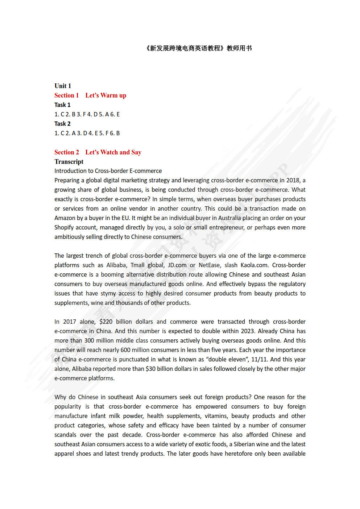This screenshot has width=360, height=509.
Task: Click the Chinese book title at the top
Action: [198, 48]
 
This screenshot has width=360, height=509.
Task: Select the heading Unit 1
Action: [63, 86]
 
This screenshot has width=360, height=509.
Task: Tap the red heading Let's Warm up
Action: [106, 95]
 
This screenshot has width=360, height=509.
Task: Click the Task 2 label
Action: [62, 124]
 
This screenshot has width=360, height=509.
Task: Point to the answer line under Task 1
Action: [87, 114]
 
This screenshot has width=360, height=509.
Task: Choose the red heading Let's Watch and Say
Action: [113, 152]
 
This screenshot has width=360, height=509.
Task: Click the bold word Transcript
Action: [69, 162]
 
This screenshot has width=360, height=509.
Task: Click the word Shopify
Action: [64, 227]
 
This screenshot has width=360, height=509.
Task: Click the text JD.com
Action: [177, 265]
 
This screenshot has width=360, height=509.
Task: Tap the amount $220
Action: [106, 322]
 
